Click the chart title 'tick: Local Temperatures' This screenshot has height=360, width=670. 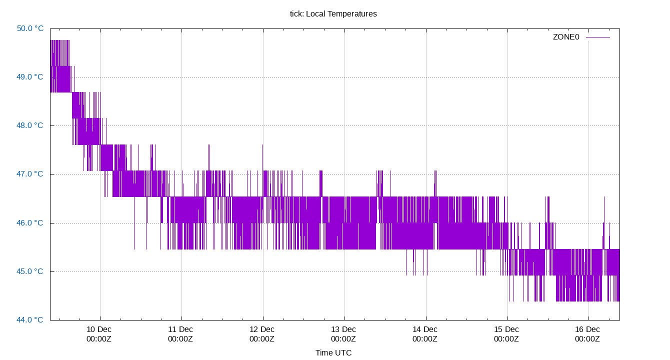[x=333, y=14]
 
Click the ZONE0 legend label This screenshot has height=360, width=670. [x=565, y=37]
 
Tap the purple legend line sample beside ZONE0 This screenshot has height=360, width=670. [x=598, y=37]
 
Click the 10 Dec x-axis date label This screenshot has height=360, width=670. [x=99, y=329]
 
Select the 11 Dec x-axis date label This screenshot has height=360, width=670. [x=180, y=329]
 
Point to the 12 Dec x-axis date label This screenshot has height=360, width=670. [x=262, y=329]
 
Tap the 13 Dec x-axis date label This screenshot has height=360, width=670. [x=343, y=329]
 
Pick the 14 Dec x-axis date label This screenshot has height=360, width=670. [x=425, y=329]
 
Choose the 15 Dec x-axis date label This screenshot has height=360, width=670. [x=506, y=329]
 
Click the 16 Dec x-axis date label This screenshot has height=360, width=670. [x=587, y=329]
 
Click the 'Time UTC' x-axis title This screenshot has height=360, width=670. [x=333, y=353]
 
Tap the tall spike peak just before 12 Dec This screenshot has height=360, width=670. [x=262, y=145]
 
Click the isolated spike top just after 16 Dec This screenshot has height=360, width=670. [x=604, y=197]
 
